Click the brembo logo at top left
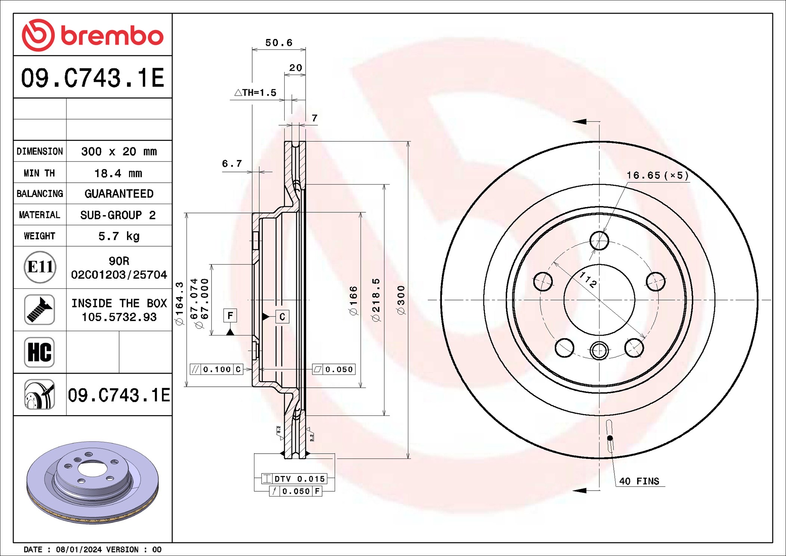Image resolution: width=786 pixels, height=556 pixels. pos(93,35)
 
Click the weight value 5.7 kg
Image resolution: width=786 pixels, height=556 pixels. pos(119,236)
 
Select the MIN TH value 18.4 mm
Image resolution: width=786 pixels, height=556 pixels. pos(118,173)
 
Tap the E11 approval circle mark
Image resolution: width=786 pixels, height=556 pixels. pos(40,267)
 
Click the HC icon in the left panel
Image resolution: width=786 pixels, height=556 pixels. pos(40,352)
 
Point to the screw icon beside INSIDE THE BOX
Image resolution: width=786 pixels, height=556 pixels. pos(40,309)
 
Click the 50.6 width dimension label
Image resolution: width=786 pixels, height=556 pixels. pos(279,43)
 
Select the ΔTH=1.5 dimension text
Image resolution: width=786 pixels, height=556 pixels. pos(256,92)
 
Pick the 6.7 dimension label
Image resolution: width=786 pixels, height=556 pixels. pos(232,163)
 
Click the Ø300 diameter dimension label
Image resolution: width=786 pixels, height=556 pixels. pos(401,300)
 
